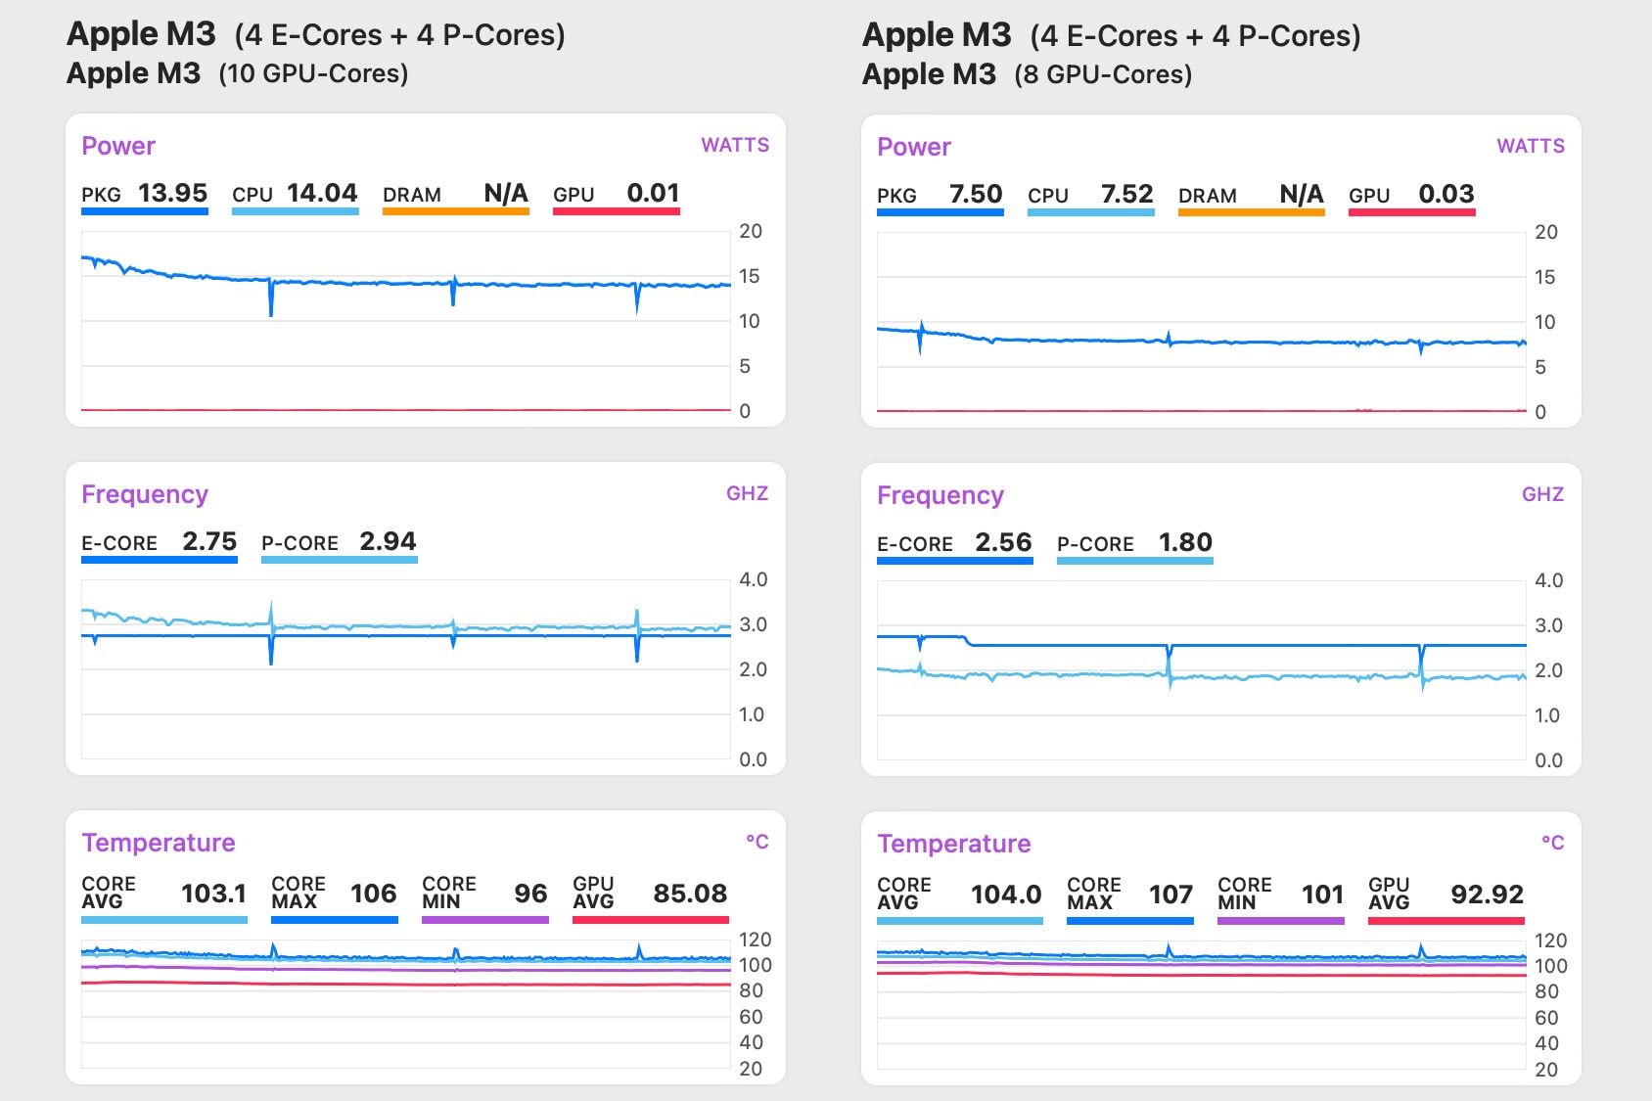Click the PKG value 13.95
coord(172,193)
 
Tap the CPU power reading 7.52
coord(1126,194)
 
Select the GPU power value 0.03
coord(1445,194)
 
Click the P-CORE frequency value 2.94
coord(388,541)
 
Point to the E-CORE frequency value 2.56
coord(1003,542)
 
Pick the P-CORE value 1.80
coord(1185,542)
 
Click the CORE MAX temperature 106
coord(373,894)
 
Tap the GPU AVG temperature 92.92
coord(1487,895)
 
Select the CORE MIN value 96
coord(530,894)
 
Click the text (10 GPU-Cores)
coord(313,73)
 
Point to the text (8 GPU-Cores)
coord(1103,74)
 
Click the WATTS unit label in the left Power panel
coord(735,145)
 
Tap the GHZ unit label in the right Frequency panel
coord(1542,494)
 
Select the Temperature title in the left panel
coord(159,843)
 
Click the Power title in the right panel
coord(914,147)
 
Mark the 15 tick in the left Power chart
coord(750,276)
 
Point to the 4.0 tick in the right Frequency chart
coord(1548,580)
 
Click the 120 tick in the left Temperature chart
coord(755,940)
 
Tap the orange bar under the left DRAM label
coord(455,211)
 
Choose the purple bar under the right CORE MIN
coord(1280,921)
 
